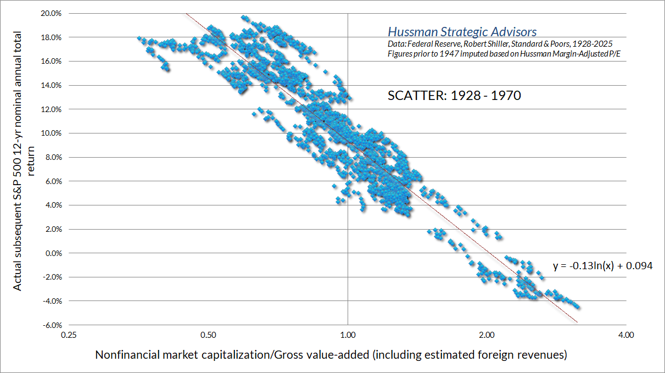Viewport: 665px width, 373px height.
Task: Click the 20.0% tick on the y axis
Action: point(51,13)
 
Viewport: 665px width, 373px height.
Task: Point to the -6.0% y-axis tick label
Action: point(50,325)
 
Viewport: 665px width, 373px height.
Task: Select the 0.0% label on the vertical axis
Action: point(52,253)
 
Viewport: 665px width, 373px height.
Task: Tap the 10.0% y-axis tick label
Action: point(51,133)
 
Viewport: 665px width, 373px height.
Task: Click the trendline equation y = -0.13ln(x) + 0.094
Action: point(602,266)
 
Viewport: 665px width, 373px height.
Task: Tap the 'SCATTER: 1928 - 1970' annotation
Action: point(454,96)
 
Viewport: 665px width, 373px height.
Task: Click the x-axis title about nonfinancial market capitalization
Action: point(331,355)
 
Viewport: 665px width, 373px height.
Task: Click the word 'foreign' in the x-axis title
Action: point(494,355)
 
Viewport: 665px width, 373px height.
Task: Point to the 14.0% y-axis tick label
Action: point(51,85)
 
